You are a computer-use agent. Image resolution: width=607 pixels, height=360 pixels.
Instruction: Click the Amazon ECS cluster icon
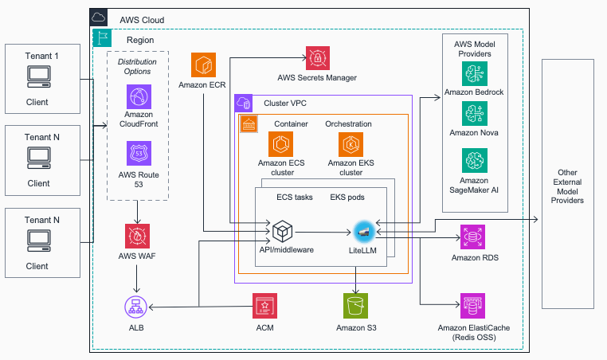click(280, 145)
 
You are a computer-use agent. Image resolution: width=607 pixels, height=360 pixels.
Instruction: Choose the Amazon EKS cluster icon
click(350, 145)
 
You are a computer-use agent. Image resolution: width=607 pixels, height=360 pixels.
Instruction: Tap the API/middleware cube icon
click(284, 232)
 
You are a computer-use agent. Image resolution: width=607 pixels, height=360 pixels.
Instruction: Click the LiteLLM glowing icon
click(366, 231)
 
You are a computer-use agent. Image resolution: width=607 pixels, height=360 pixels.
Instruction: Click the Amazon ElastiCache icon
click(464, 306)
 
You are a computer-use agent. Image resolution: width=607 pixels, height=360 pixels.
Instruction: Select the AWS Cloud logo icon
click(100, 18)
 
